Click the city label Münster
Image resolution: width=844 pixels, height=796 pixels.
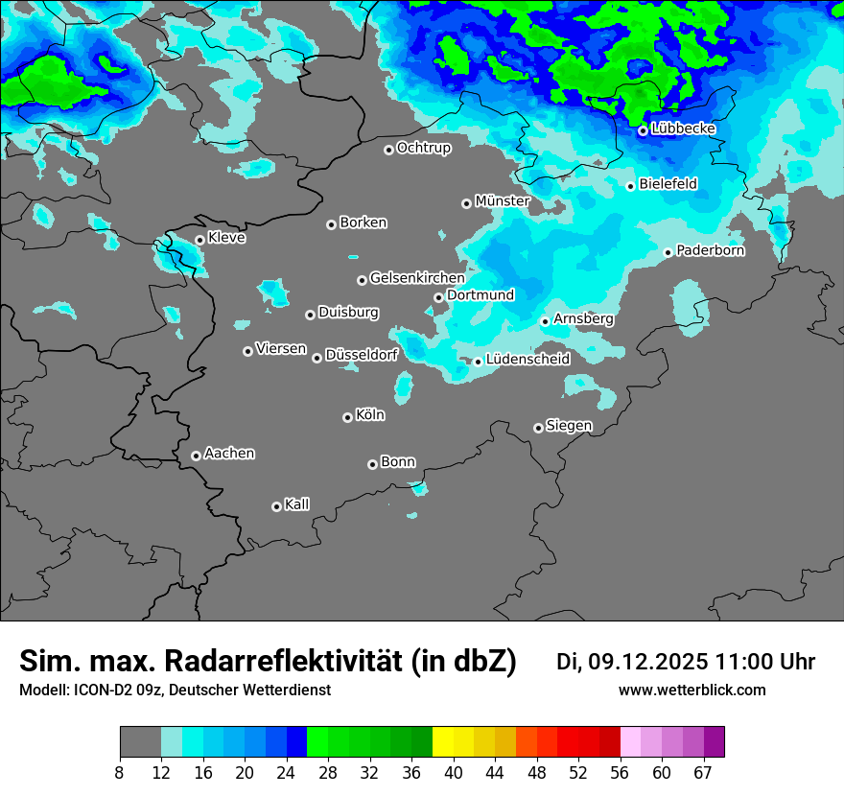[503, 201]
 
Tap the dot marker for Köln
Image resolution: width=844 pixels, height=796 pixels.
[347, 417]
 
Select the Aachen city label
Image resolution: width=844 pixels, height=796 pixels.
[229, 454]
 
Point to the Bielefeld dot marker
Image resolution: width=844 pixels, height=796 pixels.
[631, 186]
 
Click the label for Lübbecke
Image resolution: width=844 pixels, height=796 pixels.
[683, 129]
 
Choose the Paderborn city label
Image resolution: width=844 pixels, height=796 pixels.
[711, 250]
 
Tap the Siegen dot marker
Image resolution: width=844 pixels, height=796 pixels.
[538, 428]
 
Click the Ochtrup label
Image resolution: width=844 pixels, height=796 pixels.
[424, 148]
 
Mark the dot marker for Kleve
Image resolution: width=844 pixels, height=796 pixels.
[199, 240]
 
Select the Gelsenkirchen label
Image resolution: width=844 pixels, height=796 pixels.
[417, 278]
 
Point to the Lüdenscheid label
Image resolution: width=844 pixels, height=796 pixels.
[527, 360]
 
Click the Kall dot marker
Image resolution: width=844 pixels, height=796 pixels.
[276, 506]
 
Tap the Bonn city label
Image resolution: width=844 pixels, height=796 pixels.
[398, 462]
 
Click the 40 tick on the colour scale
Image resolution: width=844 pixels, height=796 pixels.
[453, 772]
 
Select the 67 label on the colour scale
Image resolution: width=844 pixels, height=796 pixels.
[703, 772]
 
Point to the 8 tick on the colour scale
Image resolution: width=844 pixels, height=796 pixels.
[120, 772]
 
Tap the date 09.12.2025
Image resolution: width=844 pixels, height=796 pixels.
[648, 662]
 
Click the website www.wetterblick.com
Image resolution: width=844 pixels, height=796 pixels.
[692, 691]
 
